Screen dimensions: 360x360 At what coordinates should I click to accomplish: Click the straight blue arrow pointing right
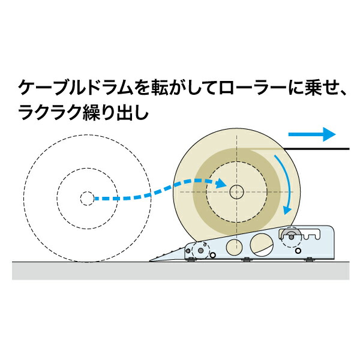point(312,134)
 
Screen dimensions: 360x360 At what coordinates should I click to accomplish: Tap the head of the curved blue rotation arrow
point(287,209)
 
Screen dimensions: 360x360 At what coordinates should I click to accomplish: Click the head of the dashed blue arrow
point(221,183)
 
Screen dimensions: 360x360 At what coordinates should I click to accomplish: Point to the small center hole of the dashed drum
point(87,199)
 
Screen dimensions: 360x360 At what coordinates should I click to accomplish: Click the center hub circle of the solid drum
point(236,192)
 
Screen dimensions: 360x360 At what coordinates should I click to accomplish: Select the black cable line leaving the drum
point(316,149)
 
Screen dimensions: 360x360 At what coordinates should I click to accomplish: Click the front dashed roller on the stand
point(200,250)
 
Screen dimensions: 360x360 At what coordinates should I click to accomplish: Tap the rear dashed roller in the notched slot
point(291,237)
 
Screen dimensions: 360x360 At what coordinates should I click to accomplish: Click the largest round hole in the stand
point(262,245)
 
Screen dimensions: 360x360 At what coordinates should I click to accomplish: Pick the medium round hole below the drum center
point(234,247)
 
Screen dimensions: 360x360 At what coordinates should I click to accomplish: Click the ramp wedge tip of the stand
point(149,261)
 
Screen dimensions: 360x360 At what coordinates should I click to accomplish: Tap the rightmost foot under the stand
point(310,259)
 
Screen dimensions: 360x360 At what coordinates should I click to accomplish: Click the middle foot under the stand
point(247,259)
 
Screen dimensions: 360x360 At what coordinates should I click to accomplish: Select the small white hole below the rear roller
point(298,250)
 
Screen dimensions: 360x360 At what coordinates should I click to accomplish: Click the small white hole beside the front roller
point(213,255)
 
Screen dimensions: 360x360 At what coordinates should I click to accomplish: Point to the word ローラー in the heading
point(253,88)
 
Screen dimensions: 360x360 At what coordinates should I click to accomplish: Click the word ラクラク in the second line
point(50,113)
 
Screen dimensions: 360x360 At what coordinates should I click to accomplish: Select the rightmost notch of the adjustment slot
point(317,236)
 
